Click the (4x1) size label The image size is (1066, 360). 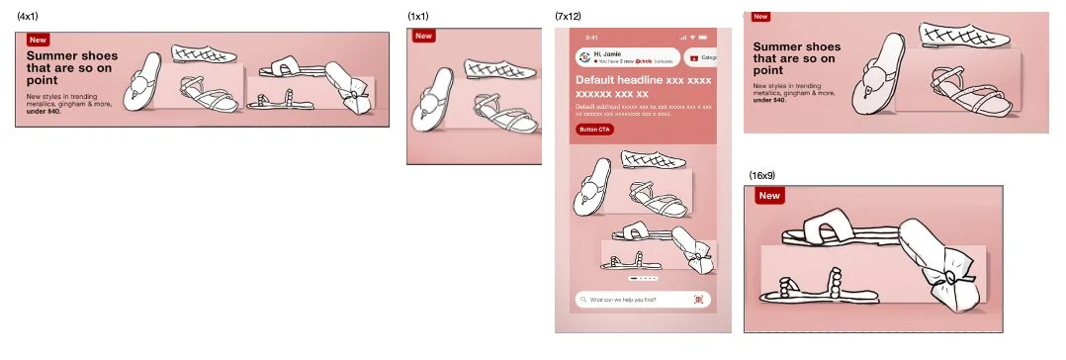click(28, 17)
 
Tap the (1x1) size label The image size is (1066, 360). click(418, 17)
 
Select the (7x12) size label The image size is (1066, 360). click(569, 17)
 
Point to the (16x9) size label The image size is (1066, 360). click(761, 175)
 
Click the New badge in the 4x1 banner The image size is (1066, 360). click(38, 41)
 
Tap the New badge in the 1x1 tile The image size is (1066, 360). click(424, 36)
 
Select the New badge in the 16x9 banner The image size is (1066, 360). click(768, 196)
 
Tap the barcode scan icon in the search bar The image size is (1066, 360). click(698, 299)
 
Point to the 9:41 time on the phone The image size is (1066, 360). click(592, 38)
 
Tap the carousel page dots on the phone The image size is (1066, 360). click(642, 280)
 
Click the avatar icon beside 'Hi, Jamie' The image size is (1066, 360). click(585, 57)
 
